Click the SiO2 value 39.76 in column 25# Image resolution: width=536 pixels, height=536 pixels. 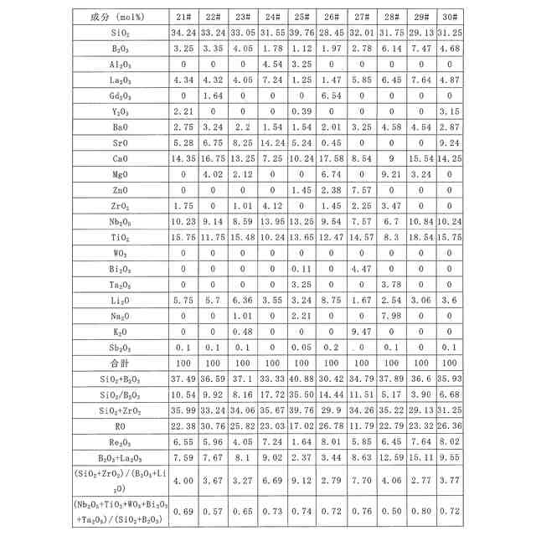[x=301, y=32]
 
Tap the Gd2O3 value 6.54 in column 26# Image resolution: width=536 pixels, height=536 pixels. [x=331, y=95]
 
